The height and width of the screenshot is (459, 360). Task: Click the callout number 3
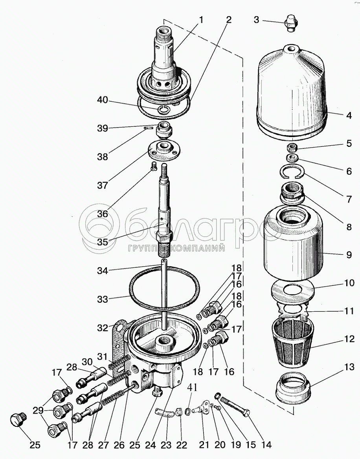(256, 19)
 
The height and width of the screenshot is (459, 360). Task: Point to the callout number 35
(103, 241)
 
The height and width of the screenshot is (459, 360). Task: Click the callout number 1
(201, 20)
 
